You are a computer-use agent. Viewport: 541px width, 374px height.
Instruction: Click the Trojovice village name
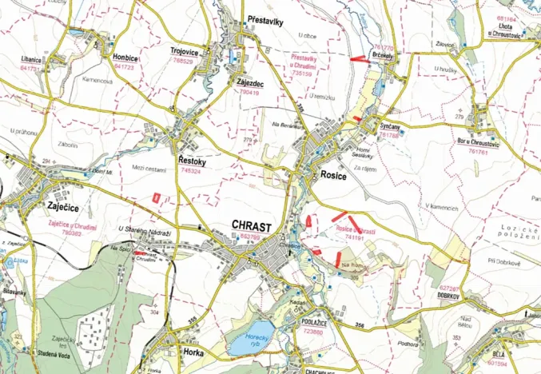185,51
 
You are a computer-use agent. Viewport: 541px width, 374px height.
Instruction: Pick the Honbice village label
125,58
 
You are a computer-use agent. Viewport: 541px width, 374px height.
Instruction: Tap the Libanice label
34,60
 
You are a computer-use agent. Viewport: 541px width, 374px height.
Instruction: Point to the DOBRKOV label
453,293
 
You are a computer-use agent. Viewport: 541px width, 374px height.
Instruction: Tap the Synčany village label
390,127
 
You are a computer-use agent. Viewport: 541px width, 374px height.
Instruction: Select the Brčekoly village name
382,56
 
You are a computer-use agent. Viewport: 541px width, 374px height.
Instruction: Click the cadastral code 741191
354,237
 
